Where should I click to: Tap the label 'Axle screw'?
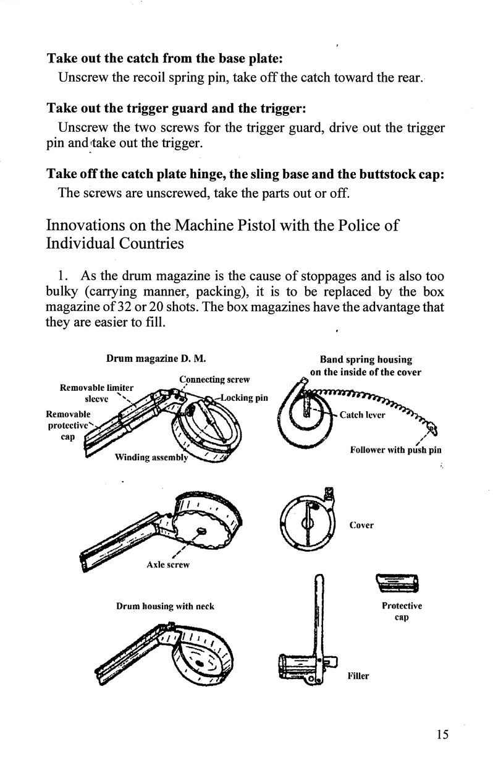167,565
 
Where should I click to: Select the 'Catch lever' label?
362,415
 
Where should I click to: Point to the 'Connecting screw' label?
214,379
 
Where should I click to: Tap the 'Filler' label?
358,676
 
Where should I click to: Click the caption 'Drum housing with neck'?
165,607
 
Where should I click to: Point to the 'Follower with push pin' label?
395,450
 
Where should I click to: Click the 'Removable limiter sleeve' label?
96,392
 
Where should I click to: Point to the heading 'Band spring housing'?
366,359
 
